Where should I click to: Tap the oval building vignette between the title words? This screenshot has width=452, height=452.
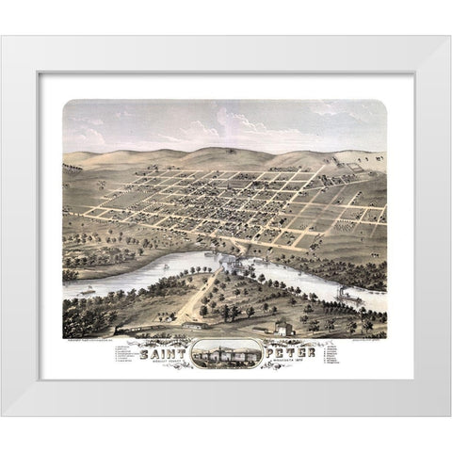coord(226,356)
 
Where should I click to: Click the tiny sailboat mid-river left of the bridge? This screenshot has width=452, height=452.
coord(167,266)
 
